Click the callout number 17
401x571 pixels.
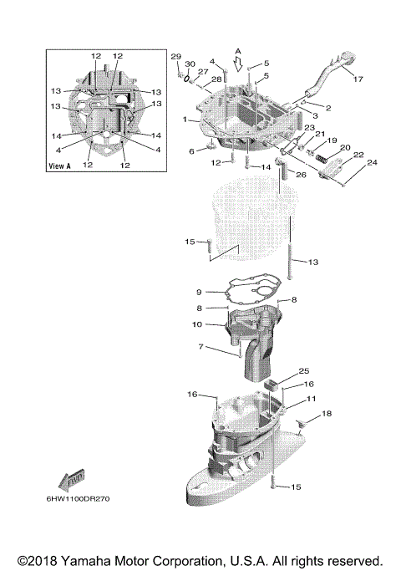click(x=357, y=79)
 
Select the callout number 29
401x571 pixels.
click(x=176, y=56)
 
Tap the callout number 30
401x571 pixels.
click(x=190, y=64)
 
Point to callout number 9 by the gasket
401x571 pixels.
click(x=199, y=292)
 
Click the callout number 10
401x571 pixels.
click(x=198, y=323)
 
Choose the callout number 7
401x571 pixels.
click(x=200, y=346)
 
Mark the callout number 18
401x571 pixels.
click(x=327, y=414)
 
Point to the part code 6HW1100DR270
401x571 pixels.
click(x=84, y=499)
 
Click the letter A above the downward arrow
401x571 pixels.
click(x=237, y=51)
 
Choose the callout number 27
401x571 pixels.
click(x=203, y=73)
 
